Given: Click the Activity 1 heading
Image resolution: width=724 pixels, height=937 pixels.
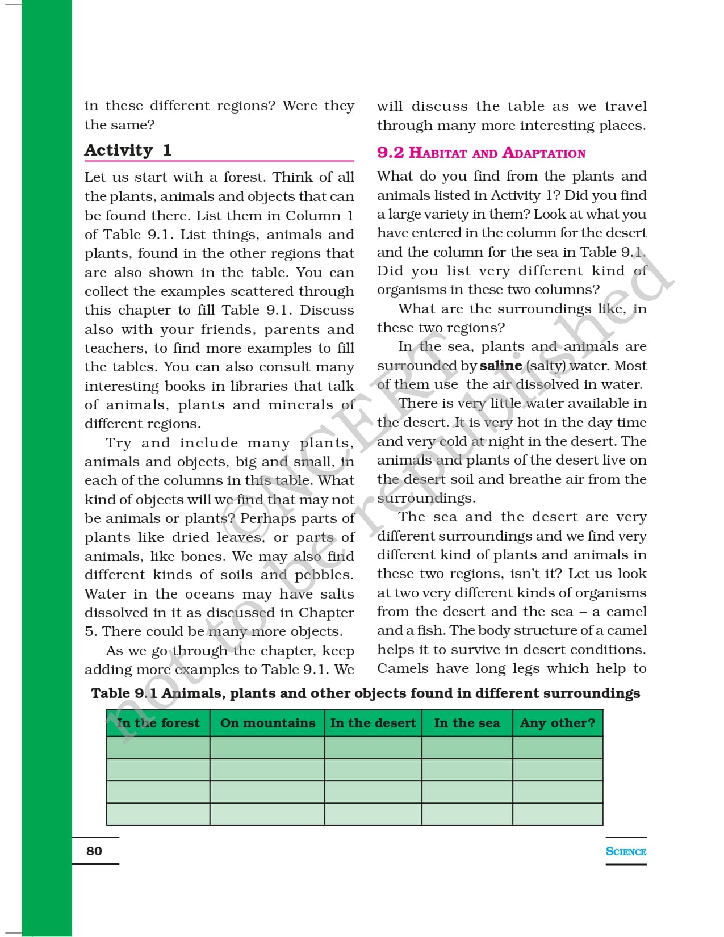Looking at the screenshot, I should coord(128,150).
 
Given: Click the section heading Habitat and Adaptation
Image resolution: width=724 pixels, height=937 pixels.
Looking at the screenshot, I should coord(481,153).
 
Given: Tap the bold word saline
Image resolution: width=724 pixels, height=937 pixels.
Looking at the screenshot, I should coord(500,366).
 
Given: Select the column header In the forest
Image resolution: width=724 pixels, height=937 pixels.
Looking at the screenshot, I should coord(158,723).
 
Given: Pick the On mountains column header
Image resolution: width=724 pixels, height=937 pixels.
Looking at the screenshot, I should coord(267,723).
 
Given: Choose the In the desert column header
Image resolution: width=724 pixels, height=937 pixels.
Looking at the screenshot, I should coord(373,723).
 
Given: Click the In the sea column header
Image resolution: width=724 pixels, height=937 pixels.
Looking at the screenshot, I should coord(467,723).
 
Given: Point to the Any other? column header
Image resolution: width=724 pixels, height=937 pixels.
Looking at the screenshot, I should coord(558,723).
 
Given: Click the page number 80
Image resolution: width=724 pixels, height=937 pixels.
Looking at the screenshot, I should coord(94,851).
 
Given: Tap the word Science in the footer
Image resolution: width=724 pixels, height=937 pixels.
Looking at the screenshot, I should coord(626,851).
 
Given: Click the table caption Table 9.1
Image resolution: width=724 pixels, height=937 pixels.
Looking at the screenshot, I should coord(365,693).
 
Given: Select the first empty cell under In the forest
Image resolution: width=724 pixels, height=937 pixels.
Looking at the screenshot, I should coord(158,747).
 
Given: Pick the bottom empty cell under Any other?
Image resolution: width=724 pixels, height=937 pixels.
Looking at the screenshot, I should coord(558,814).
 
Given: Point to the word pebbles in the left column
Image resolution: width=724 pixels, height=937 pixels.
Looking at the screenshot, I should coord(324,575).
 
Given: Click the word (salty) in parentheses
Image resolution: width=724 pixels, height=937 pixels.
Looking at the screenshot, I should coord(546,366).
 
